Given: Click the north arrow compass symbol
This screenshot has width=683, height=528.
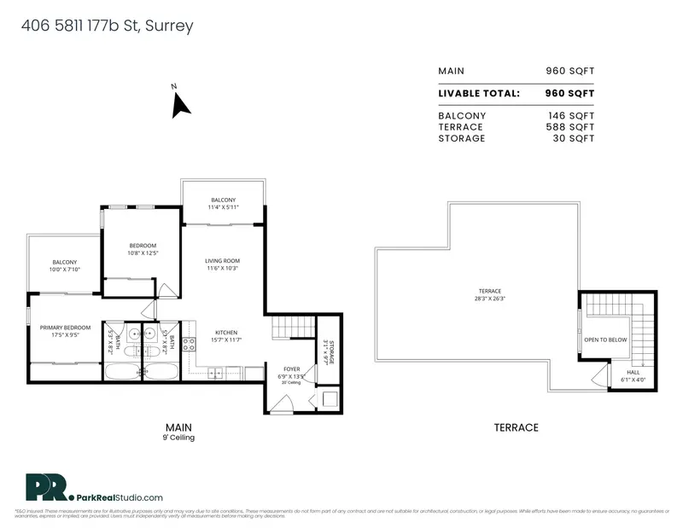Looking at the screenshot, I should (x=180, y=105).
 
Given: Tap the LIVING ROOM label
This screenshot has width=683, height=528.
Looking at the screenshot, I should (x=221, y=260).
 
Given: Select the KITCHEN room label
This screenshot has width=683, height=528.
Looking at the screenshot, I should (x=226, y=333).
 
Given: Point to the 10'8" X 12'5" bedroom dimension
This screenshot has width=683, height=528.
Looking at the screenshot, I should (x=143, y=252).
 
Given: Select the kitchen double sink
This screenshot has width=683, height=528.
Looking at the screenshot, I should (x=214, y=373).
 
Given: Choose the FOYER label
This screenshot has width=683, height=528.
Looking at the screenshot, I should (x=291, y=368).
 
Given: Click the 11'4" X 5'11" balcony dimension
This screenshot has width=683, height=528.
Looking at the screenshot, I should (x=223, y=207).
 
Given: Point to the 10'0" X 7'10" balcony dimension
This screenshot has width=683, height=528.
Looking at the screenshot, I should (x=64, y=270).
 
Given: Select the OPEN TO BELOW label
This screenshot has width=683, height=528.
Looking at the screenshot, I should (x=605, y=339).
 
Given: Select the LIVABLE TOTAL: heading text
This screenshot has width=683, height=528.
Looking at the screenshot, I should (x=479, y=93).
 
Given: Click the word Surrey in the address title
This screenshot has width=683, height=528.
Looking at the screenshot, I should (x=169, y=26).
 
